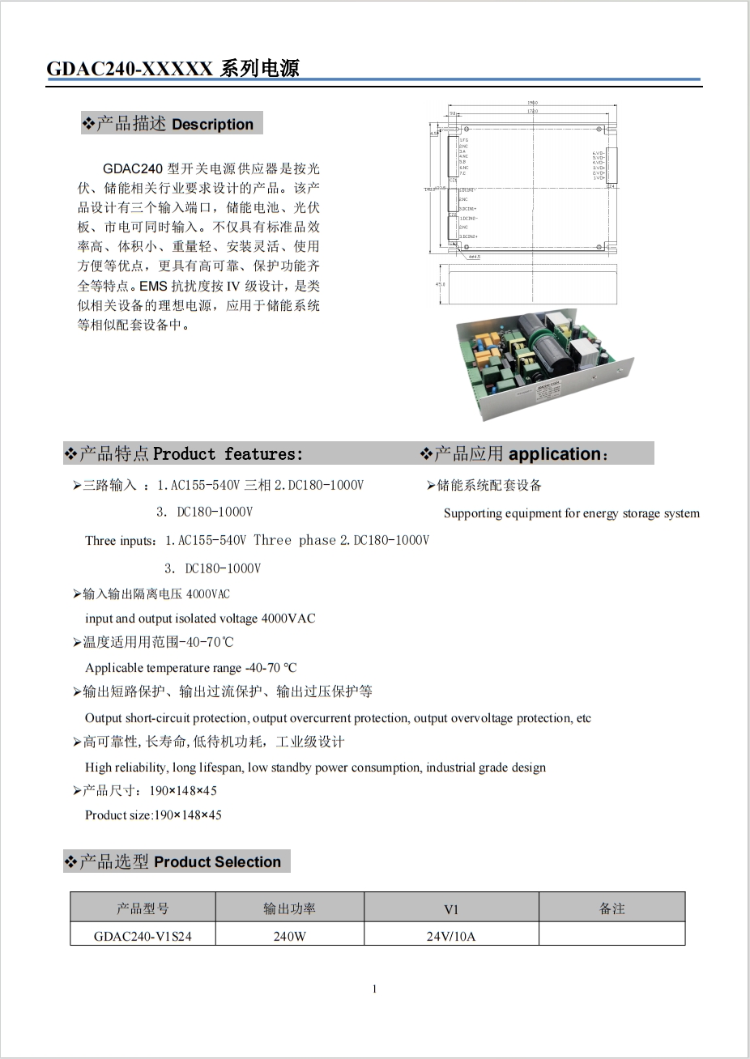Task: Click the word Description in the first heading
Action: pos(212,125)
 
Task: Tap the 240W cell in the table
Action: pos(289,937)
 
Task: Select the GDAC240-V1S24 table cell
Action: pos(143,937)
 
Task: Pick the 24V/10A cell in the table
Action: pos(451,937)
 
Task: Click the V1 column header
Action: pos(451,909)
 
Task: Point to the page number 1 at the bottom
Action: pos(374,989)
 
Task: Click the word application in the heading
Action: pos(555,454)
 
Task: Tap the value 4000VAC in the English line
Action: pos(288,619)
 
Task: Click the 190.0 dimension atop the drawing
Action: pos(532,103)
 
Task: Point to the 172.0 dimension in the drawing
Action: pos(532,111)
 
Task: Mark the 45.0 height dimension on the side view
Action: pos(441,284)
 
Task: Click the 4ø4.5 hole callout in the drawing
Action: pos(475,257)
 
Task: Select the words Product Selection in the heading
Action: pos(217,862)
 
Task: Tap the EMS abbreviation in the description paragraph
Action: pos(152,287)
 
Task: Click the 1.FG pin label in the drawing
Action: pos(464,141)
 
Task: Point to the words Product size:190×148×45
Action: pos(153,815)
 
